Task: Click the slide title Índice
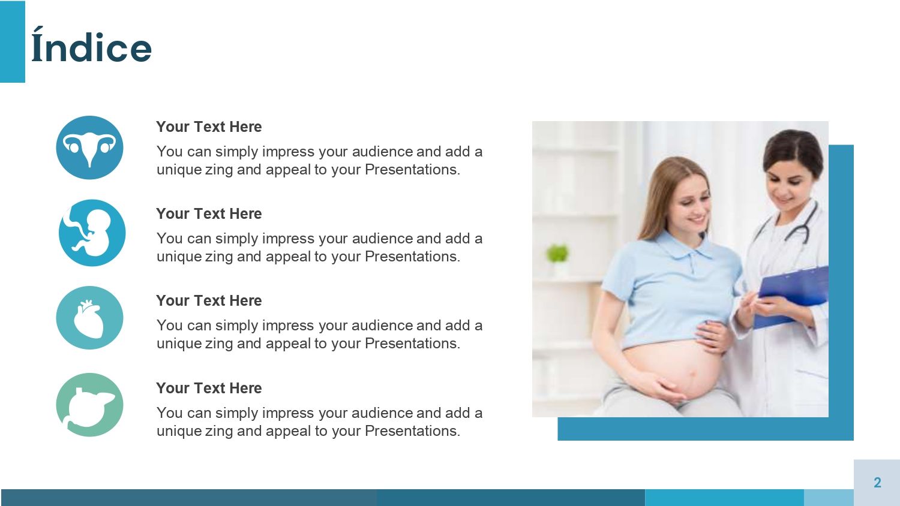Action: (x=91, y=48)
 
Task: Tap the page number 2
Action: (x=877, y=483)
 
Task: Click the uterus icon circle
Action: (x=89, y=147)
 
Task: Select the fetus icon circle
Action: (x=92, y=233)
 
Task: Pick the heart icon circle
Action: (x=89, y=318)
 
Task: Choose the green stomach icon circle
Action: (x=89, y=405)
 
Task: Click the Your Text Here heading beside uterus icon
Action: (x=209, y=127)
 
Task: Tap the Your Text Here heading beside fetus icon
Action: (x=209, y=214)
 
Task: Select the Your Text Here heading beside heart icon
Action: (x=209, y=301)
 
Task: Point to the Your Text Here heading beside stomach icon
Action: (x=209, y=388)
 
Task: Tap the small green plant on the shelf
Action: (x=557, y=254)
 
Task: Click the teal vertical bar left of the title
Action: (x=12, y=42)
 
